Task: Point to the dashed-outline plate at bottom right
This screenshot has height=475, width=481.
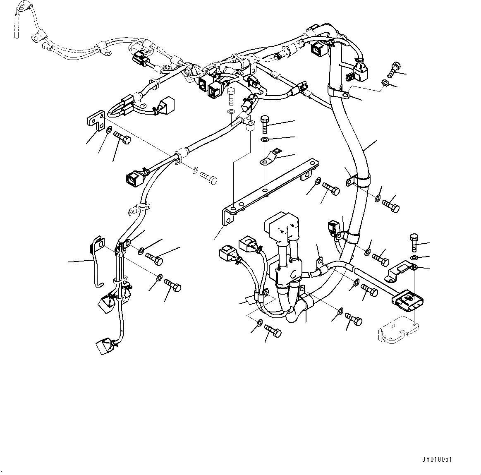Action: pos(399,329)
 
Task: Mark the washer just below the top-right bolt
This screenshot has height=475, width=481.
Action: pos(385,84)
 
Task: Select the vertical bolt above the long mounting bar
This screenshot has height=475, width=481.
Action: pos(265,123)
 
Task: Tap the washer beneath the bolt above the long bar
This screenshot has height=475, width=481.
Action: pos(265,139)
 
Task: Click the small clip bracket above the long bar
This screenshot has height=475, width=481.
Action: pos(269,158)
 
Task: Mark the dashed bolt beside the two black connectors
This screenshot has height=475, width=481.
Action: pos(231,96)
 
